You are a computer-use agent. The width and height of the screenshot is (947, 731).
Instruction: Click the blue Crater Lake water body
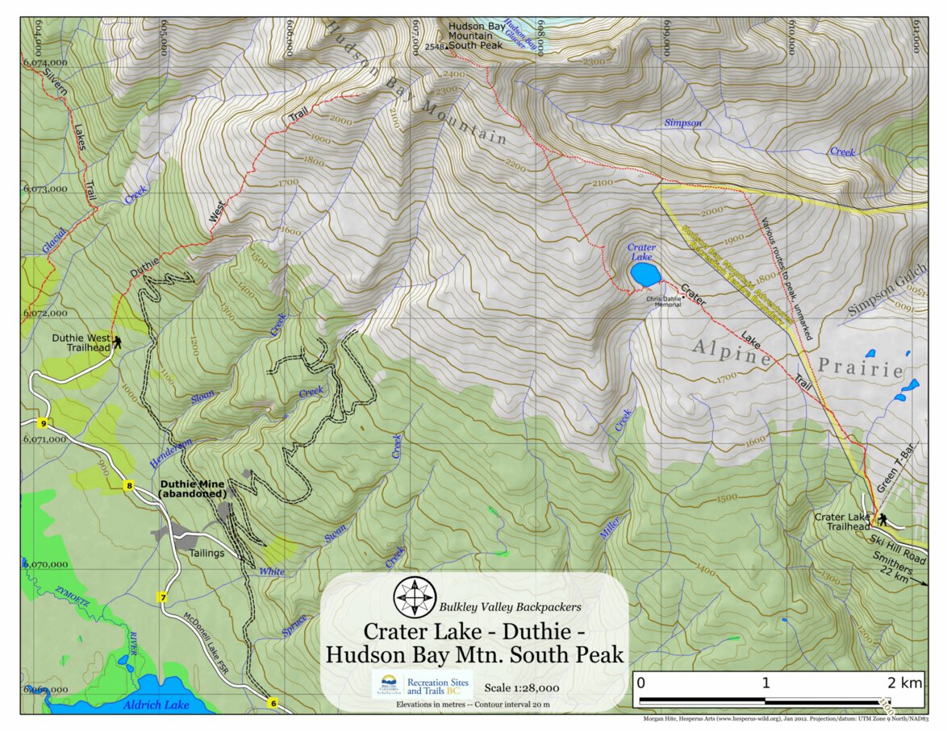[645, 275]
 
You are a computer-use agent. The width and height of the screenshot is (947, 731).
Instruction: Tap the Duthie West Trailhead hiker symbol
[118, 343]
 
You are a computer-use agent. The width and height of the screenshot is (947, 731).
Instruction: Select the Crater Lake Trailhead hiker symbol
[883, 519]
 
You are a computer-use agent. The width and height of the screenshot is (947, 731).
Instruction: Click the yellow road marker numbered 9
[42, 422]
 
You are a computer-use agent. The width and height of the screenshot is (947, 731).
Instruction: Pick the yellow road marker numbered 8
[127, 486]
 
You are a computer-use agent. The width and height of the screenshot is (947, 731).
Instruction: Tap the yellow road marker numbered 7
[162, 597]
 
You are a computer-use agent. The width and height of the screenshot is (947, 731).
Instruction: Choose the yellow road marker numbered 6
[273, 703]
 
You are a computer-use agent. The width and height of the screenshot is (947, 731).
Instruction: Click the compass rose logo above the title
[414, 597]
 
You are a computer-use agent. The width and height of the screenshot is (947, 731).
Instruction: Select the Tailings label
[207, 553]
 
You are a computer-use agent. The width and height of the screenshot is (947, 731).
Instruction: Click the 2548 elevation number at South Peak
[434, 48]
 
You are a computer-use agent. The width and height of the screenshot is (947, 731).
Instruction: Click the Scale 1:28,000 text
[522, 687]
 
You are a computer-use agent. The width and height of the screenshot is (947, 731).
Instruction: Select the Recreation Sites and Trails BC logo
[421, 685]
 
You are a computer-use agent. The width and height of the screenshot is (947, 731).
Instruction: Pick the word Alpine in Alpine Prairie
[732, 351]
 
